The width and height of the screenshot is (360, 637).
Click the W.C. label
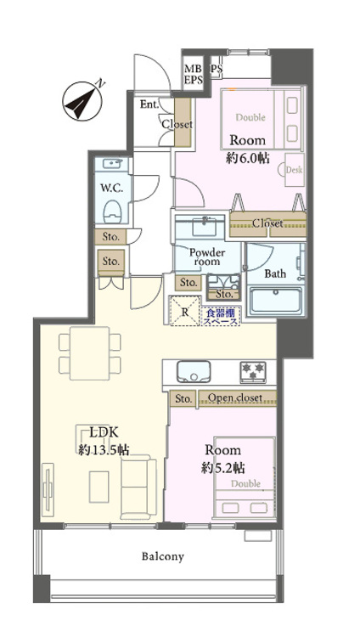tap(110, 187)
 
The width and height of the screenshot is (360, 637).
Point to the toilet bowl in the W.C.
tap(111, 210)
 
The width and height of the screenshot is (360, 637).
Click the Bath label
tap(275, 273)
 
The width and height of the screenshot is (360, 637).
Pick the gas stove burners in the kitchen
tap(253, 370)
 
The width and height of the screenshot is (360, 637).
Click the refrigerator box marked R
tap(184, 310)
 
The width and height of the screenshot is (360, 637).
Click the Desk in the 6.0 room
tap(295, 170)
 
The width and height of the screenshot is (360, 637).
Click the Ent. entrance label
tap(148, 105)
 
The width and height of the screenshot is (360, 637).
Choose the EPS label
tap(194, 81)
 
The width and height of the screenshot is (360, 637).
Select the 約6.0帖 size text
tap(247, 158)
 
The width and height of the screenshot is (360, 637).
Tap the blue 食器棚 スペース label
tap(221, 316)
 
